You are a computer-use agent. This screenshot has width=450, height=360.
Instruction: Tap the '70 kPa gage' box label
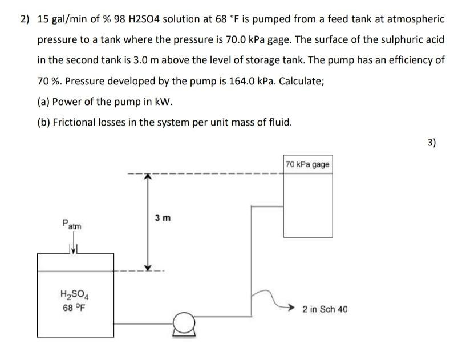coord(307,164)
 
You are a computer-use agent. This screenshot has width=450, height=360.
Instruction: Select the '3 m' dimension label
coord(163,219)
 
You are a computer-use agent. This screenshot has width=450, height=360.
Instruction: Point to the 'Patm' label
coord(72,225)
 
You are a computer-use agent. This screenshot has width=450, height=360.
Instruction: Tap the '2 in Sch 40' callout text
coord(325,309)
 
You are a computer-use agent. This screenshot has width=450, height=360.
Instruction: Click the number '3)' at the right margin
coord(431,143)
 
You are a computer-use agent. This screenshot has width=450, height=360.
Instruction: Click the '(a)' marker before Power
coord(44,102)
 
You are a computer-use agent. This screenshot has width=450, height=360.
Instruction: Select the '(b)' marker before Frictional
coord(44,122)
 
